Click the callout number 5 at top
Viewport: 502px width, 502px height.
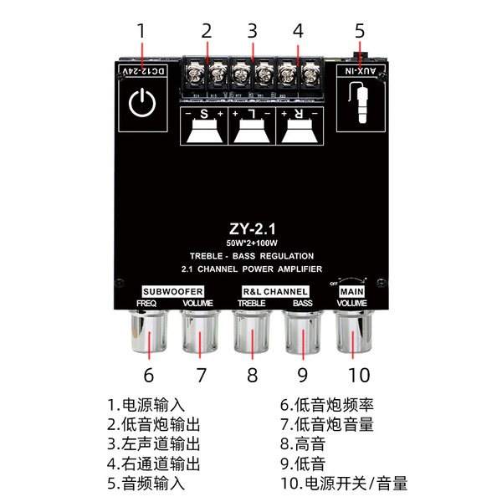pos(360,31)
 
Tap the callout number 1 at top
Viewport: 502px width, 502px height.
pos(141,31)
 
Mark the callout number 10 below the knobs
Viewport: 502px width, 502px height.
pos(359,374)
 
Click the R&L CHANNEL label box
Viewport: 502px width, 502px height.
pos(274,290)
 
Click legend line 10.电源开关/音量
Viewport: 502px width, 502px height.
pos(344,483)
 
